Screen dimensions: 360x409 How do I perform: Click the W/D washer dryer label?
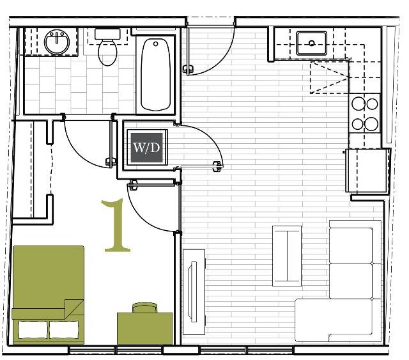(x=146, y=147)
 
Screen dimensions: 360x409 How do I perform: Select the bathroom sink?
(x=57, y=42)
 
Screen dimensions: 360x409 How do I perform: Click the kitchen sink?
(x=312, y=43)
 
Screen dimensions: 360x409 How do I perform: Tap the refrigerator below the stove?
(x=367, y=169)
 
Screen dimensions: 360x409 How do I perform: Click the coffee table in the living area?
(x=287, y=256)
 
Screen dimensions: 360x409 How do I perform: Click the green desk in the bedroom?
(x=144, y=327)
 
